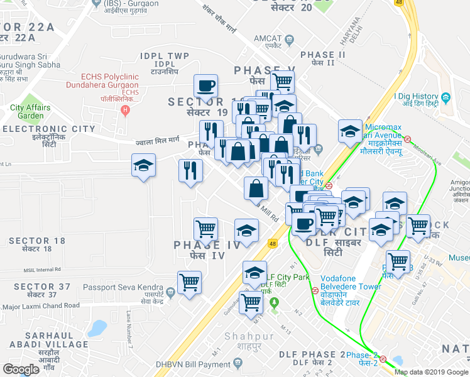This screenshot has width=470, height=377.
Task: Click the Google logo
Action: click(21, 369)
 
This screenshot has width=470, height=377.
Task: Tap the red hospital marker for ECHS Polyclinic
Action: click(126, 111)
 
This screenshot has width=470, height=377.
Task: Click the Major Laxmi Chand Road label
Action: click(41, 306)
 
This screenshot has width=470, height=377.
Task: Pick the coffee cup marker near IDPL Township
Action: click(206, 85)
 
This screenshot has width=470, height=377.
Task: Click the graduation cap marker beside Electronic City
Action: click(144, 167)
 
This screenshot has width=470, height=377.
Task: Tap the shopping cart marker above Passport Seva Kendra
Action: click(189, 282)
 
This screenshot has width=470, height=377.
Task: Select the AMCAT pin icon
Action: click(290, 39)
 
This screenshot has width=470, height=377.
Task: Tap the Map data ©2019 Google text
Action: click(432, 372)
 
